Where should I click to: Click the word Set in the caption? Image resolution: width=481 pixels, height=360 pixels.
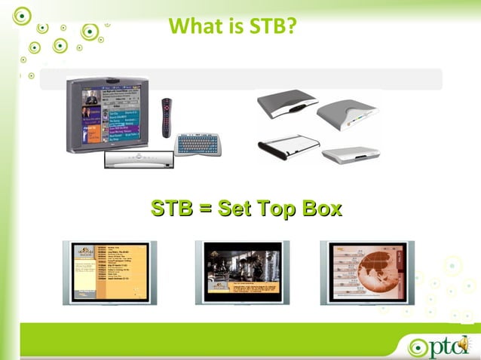click(x=237, y=208)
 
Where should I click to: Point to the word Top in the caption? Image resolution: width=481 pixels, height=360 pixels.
click(x=279, y=208)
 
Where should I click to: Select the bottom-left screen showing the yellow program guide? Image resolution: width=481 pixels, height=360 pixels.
click(x=109, y=272)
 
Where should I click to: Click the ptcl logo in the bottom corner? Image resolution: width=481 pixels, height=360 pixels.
click(x=440, y=345)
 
